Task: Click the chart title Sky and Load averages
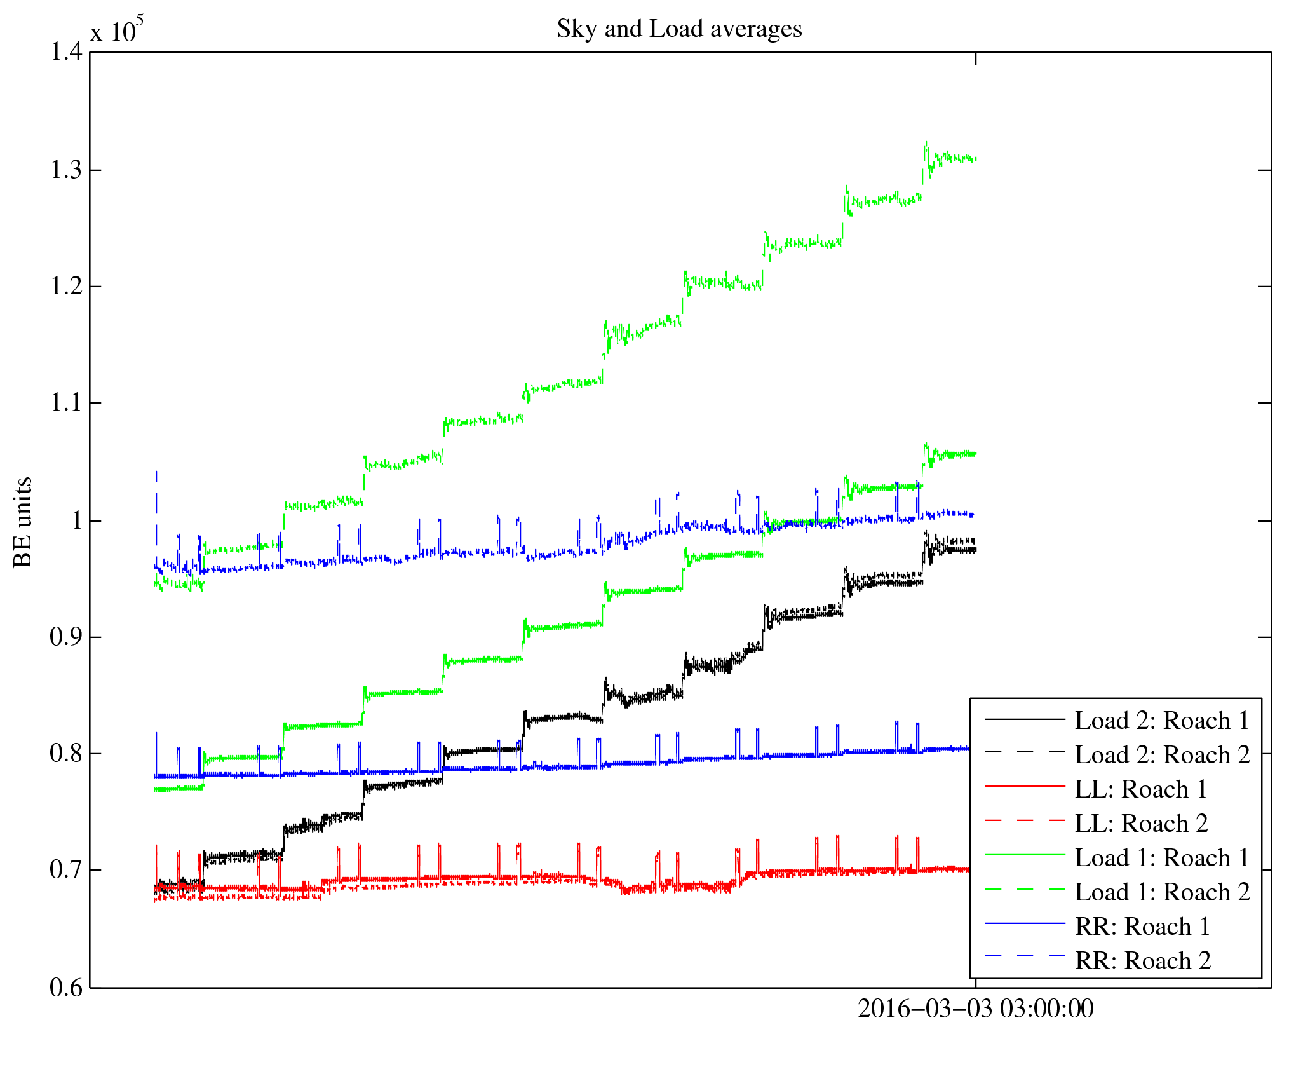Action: (x=679, y=29)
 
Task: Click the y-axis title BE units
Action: (x=23, y=522)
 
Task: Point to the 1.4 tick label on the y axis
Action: (x=67, y=52)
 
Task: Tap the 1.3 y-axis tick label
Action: (x=67, y=170)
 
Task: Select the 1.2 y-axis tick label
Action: (x=67, y=287)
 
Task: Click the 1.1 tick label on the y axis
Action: (x=67, y=403)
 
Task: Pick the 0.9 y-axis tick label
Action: (x=67, y=637)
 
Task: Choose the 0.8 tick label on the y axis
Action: (x=67, y=754)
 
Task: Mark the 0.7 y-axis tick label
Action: (x=67, y=870)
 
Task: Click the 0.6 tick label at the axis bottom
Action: (x=67, y=988)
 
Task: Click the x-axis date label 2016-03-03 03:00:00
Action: (x=976, y=1009)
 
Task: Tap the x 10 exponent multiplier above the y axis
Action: (x=116, y=31)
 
